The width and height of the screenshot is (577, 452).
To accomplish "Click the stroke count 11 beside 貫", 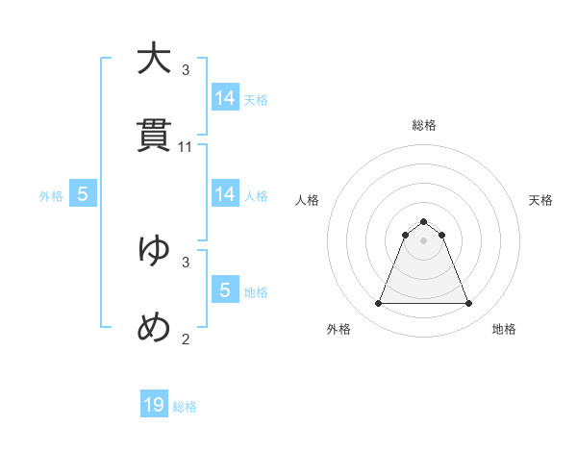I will coord(186,147).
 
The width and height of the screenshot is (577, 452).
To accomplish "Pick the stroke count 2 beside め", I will coord(186,339).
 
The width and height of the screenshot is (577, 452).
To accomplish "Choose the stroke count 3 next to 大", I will coord(186,70).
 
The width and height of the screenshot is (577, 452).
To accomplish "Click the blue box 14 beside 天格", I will coord(225,98).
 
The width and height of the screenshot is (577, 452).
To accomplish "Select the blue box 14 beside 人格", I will coord(225,194).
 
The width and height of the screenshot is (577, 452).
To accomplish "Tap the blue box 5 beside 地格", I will coord(225,290).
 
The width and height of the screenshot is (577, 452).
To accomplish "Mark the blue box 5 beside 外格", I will coord(83,194).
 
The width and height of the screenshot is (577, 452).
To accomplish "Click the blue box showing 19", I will coord(154,405).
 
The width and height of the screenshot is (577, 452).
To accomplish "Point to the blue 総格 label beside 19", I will coord(185,407).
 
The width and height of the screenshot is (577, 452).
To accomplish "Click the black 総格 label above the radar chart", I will coord(423,125).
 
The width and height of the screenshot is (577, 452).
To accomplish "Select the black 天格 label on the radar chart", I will coord(540,200).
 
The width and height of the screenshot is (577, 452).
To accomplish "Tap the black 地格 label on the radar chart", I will coord(504,329).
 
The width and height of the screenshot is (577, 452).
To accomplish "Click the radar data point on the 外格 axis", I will coord(378,304).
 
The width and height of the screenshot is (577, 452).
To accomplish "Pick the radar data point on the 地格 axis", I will coord(468,304).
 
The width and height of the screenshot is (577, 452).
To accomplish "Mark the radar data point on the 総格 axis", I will coord(423,222).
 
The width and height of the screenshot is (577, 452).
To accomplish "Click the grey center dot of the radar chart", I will coord(423,240).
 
